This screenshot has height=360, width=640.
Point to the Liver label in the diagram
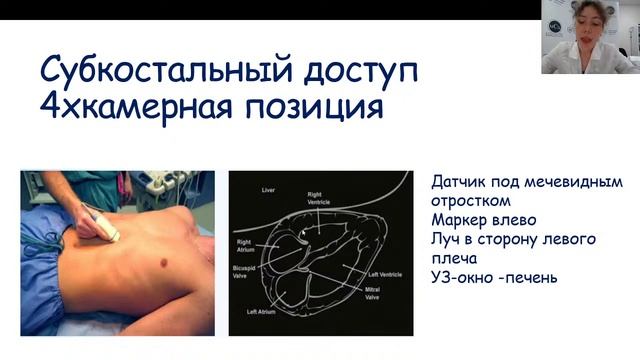[x=267, y=189]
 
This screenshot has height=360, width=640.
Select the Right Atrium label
[x=249, y=244]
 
